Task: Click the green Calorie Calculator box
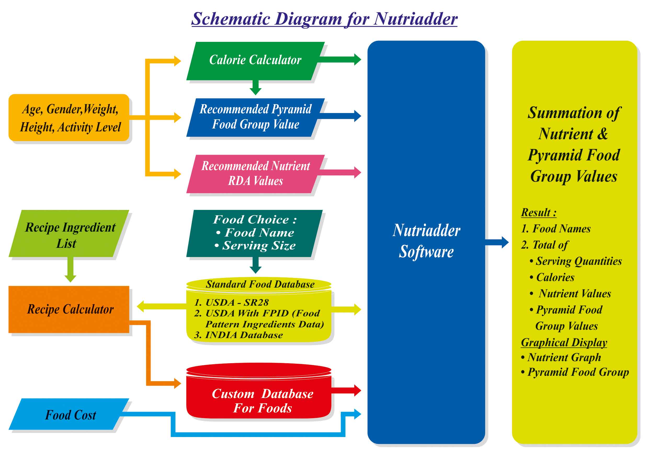(x=255, y=60)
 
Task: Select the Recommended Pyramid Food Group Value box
(x=255, y=117)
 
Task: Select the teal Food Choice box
(x=255, y=233)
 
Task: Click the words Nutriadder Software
(x=426, y=241)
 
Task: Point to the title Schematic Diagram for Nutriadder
(x=324, y=19)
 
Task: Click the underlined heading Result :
(x=538, y=212)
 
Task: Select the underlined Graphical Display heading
(x=564, y=343)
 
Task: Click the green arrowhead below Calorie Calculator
(x=255, y=91)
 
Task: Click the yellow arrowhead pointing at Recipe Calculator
(x=141, y=306)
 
